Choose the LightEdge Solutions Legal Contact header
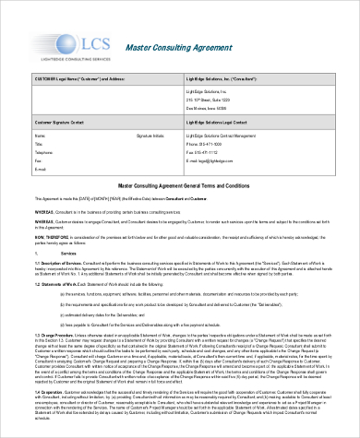222,123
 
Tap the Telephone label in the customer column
44,154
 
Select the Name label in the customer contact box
41,136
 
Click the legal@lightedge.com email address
219,162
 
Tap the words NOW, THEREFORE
49,236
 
